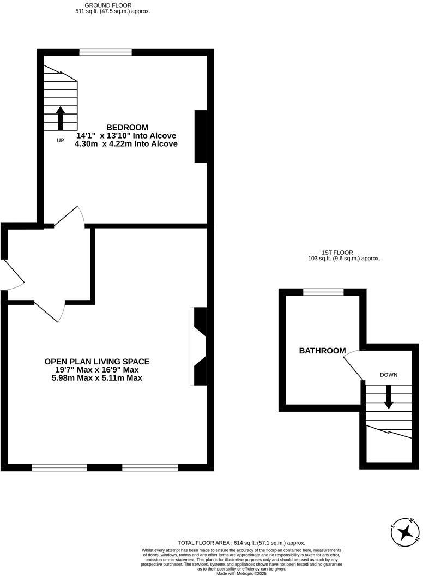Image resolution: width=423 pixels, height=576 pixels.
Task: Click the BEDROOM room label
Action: [126, 128]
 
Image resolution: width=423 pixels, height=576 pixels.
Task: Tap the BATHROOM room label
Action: [322, 351]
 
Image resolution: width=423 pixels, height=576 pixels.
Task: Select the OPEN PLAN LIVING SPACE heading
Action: [96, 361]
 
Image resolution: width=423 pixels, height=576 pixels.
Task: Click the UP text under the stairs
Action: [60, 141]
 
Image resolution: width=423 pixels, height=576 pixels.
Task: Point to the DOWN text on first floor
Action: [389, 375]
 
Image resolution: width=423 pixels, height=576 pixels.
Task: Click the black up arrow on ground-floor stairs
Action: [60, 117]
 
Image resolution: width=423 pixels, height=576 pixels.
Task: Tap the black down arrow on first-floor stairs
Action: [389, 397]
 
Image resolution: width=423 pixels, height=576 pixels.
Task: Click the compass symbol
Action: [405, 531]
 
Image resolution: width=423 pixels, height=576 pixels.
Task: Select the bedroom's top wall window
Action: [105, 52]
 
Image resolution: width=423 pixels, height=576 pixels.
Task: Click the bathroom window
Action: [323, 292]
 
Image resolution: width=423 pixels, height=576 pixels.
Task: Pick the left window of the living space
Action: [59, 467]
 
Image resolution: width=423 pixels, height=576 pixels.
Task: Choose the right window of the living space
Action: [150, 467]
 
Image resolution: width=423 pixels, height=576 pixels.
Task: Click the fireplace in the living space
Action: [199, 346]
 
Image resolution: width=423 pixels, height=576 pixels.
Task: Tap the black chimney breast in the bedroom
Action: [201, 136]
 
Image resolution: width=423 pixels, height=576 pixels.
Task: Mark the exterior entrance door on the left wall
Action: [12, 274]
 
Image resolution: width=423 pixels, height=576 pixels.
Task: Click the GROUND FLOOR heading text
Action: [111, 5]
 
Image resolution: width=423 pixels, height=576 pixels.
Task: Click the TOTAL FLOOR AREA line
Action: [241, 543]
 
